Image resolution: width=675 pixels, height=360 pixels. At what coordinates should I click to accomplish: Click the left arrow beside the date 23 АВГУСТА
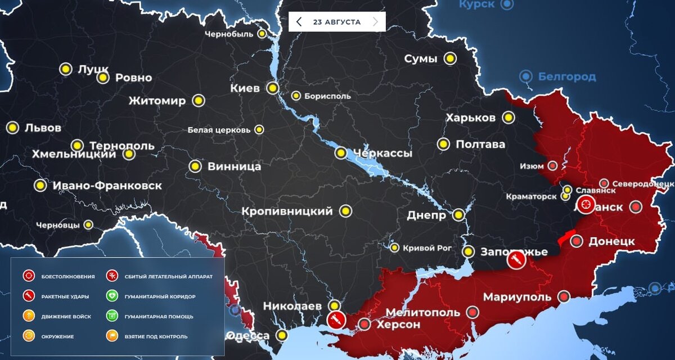pyautogui.click(x=299, y=22)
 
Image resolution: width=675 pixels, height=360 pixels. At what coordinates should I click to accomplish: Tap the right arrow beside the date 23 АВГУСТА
pyautogui.click(x=375, y=22)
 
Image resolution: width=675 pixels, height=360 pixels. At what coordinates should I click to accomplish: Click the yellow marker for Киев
pyautogui.click(x=273, y=88)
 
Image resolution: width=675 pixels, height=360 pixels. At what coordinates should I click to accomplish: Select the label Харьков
pyautogui.click(x=470, y=118)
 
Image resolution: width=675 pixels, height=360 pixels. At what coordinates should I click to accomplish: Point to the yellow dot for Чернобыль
pyautogui.click(x=262, y=34)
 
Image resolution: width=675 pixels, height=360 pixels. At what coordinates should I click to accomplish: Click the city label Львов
pyautogui.click(x=43, y=128)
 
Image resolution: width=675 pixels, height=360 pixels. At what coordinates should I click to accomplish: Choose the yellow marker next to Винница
pyautogui.click(x=195, y=166)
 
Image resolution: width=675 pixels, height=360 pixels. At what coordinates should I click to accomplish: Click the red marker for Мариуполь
pyautogui.click(x=564, y=296)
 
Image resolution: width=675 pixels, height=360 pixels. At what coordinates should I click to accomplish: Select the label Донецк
pyautogui.click(x=611, y=241)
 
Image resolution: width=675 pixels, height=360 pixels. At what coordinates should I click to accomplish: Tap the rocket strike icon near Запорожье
pyautogui.click(x=516, y=260)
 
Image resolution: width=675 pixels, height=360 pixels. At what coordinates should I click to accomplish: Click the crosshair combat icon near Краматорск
pyautogui.click(x=586, y=205)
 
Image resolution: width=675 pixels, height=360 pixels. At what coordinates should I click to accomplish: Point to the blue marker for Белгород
pyautogui.click(x=526, y=76)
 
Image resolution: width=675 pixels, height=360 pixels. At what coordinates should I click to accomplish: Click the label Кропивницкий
pyautogui.click(x=287, y=211)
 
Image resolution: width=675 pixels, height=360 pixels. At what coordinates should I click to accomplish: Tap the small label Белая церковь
pyautogui.click(x=219, y=130)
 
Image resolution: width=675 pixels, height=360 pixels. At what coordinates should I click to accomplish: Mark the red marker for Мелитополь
pyautogui.click(x=473, y=313)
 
